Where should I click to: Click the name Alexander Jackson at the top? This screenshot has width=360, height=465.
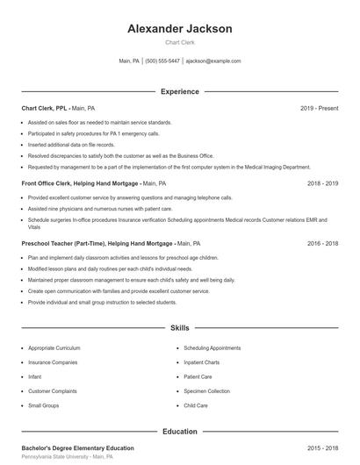[x=180, y=29]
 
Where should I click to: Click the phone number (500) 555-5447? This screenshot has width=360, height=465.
[x=163, y=61]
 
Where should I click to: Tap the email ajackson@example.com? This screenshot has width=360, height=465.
[x=213, y=61]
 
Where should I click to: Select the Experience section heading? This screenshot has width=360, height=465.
[x=180, y=91]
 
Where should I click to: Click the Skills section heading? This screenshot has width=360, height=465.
[x=180, y=328]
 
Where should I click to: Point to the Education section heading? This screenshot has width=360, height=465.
[x=180, y=432]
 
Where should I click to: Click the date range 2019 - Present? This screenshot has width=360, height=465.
[x=319, y=108]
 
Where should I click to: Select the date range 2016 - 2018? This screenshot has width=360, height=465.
[x=322, y=242]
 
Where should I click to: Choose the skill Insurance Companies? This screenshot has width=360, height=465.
[x=53, y=362]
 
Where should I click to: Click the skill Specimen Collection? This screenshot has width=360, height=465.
[x=206, y=391]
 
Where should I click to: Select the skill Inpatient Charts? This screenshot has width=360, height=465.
[x=201, y=362]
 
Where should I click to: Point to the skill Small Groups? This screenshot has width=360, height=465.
[x=44, y=405]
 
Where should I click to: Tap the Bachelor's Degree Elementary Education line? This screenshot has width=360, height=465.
[x=77, y=448]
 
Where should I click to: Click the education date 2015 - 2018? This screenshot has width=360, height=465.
[x=322, y=448]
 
